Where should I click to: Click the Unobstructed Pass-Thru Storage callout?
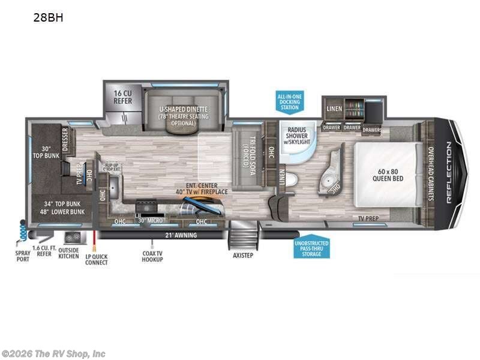[x=311, y=247]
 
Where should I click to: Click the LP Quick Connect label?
[x=96, y=259]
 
